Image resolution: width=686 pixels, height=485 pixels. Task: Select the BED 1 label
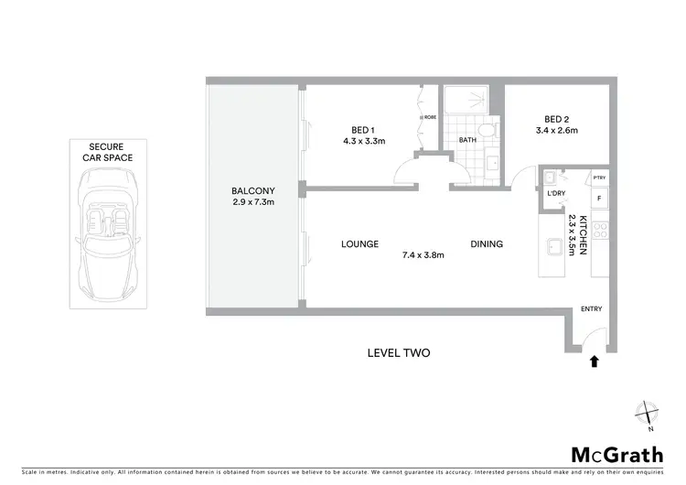[363, 129]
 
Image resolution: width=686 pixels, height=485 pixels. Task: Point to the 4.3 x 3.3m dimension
[363, 141]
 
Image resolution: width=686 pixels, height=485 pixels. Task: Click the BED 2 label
[556, 119]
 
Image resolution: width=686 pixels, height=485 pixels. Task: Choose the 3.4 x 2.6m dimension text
[556, 131]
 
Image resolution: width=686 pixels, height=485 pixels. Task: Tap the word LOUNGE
[359, 244]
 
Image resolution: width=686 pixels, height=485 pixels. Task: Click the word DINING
[487, 244]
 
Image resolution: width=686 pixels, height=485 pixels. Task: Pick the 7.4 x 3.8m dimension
[422, 255]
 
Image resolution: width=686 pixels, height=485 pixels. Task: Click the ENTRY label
[592, 309]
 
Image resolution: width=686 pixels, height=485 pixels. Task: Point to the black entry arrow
[595, 361]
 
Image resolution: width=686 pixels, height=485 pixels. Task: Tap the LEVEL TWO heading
[398, 353]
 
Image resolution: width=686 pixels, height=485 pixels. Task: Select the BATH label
[467, 140]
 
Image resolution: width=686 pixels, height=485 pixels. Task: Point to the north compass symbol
[648, 415]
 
